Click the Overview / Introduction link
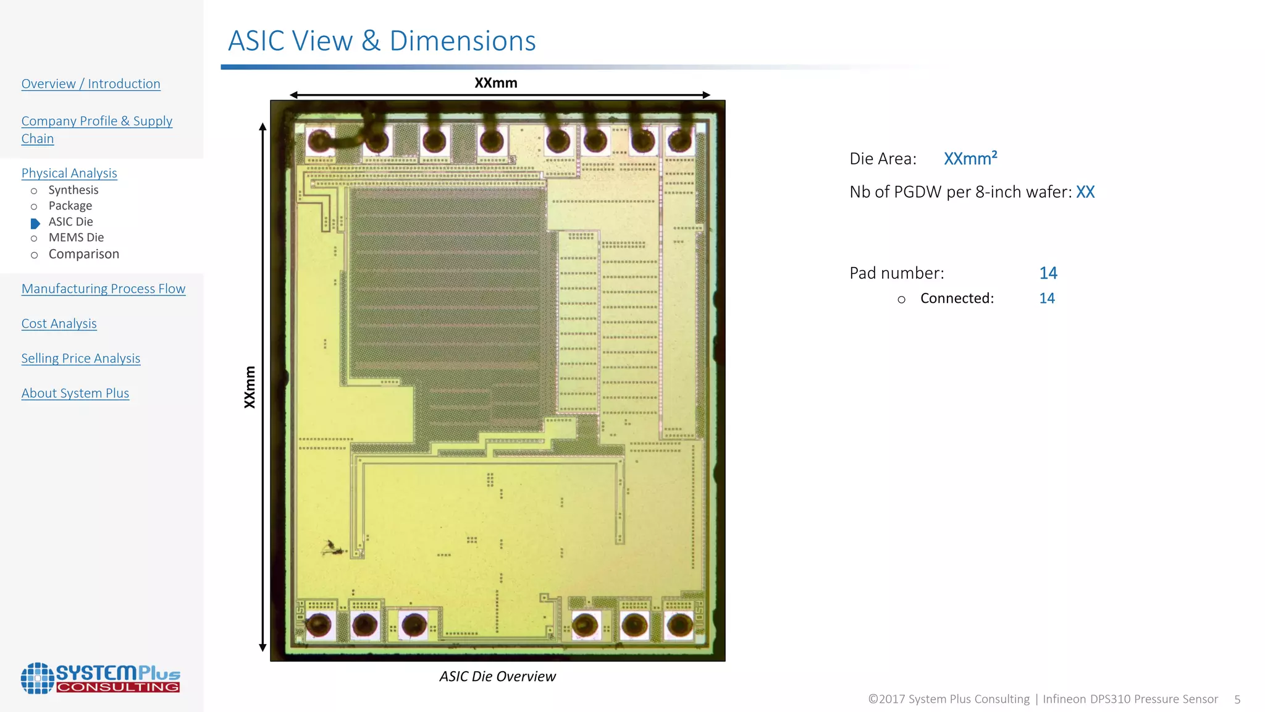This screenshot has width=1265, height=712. click(91, 84)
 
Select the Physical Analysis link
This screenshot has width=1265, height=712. click(69, 174)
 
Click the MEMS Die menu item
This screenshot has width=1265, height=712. click(76, 238)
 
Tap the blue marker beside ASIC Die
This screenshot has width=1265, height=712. click(35, 223)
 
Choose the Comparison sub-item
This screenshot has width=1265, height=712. click(83, 254)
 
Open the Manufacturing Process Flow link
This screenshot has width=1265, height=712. click(103, 289)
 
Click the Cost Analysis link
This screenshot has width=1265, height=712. click(59, 324)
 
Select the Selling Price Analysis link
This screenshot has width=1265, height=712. click(80, 358)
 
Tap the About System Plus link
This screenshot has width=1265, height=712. click(75, 394)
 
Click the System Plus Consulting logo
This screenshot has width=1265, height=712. click(100, 678)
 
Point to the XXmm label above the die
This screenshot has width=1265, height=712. click(495, 83)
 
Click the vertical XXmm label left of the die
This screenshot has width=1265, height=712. click(250, 387)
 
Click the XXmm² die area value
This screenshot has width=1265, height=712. click(970, 159)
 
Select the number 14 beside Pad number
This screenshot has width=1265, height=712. click(1048, 273)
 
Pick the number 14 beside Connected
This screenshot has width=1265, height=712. click(1046, 299)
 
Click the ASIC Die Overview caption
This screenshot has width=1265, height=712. click(497, 677)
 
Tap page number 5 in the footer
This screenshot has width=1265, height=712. click(1237, 700)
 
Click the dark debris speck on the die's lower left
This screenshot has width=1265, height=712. click(332, 548)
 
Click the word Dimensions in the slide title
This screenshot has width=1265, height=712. click(463, 41)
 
